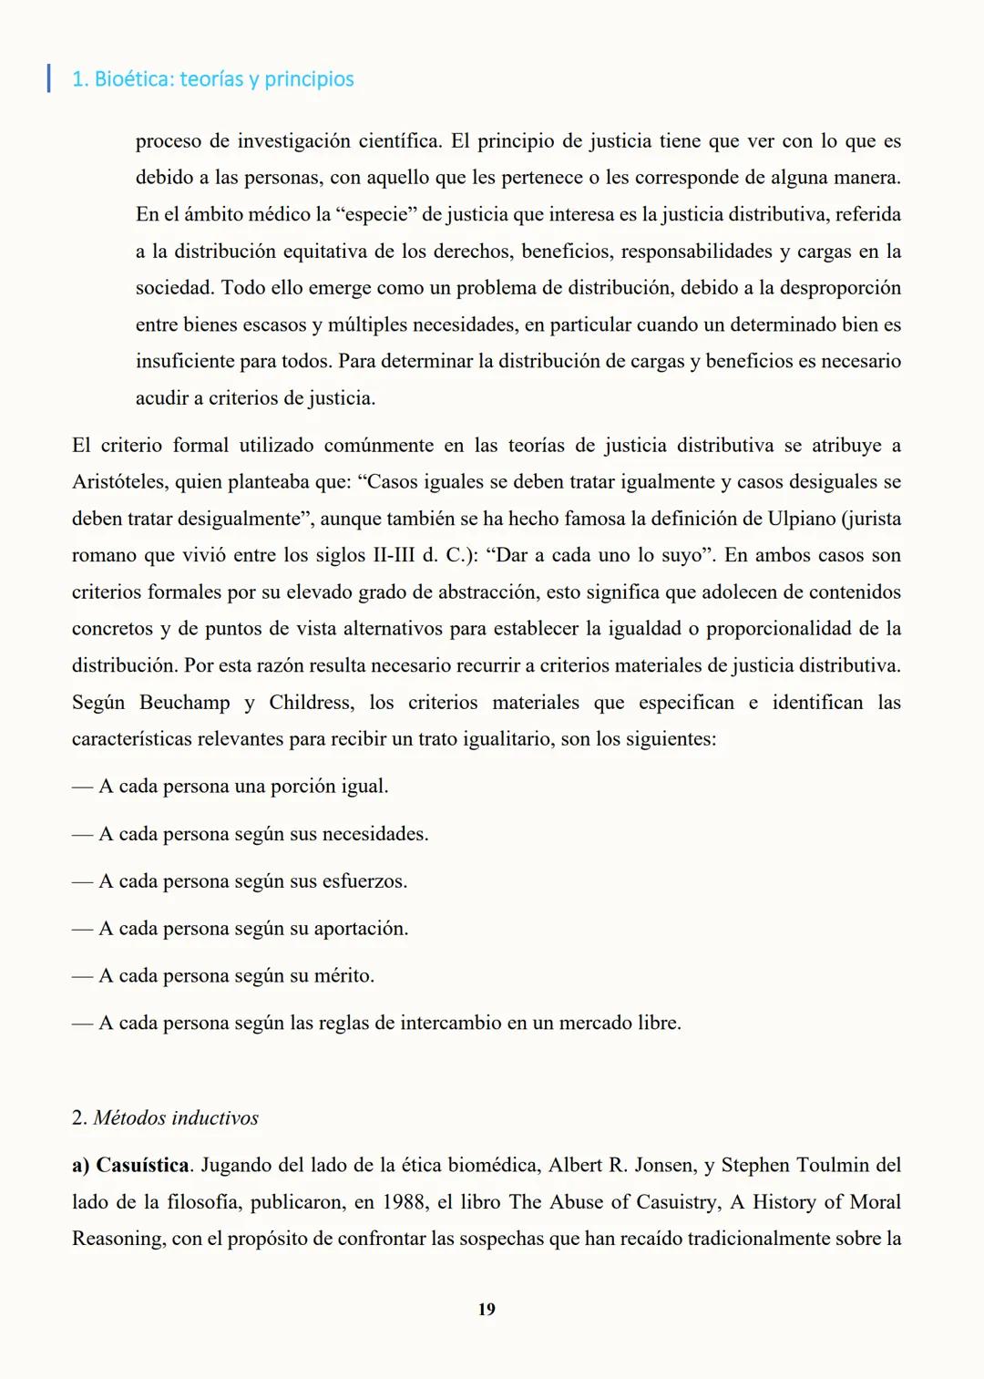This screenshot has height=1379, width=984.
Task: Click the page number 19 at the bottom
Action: click(x=487, y=1309)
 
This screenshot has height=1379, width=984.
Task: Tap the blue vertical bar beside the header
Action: click(x=48, y=77)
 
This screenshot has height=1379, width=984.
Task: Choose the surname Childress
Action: click(x=309, y=702)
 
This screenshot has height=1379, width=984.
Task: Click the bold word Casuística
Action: click(x=142, y=1165)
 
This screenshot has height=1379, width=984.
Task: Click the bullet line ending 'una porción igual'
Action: click(x=231, y=786)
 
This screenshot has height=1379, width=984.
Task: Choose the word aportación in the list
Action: click(x=360, y=928)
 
